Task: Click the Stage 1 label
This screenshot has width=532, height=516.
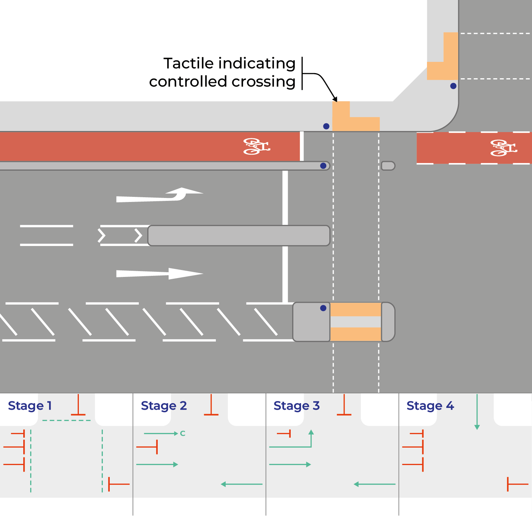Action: pos(30,405)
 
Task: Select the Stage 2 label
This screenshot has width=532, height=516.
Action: pos(164,405)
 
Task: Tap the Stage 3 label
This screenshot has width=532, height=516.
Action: pos(297,405)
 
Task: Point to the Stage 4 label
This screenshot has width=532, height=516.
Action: pos(430,405)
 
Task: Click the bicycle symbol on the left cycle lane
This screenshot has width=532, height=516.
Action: pos(256,146)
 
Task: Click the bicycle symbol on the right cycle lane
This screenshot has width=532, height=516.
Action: pos(503,148)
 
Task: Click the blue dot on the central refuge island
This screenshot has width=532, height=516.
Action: pos(323,308)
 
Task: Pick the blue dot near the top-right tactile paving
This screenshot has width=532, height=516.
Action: pos(453,86)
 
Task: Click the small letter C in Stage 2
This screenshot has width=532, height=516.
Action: pos(182,433)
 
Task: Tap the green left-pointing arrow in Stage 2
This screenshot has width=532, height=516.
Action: pos(241,484)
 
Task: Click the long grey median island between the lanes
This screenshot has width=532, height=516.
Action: pos(239,236)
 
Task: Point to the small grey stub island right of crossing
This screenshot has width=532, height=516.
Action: pos(388,166)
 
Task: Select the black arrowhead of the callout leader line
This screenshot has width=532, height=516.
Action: pos(335,99)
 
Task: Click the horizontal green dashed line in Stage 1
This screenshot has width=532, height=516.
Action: pos(66,421)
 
